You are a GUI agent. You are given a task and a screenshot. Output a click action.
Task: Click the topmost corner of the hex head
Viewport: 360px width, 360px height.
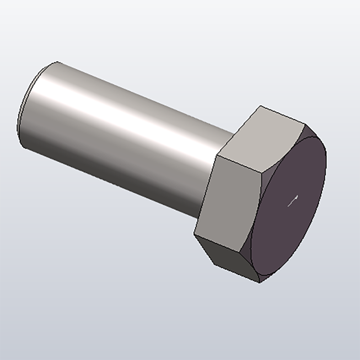[x=261, y=106]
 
